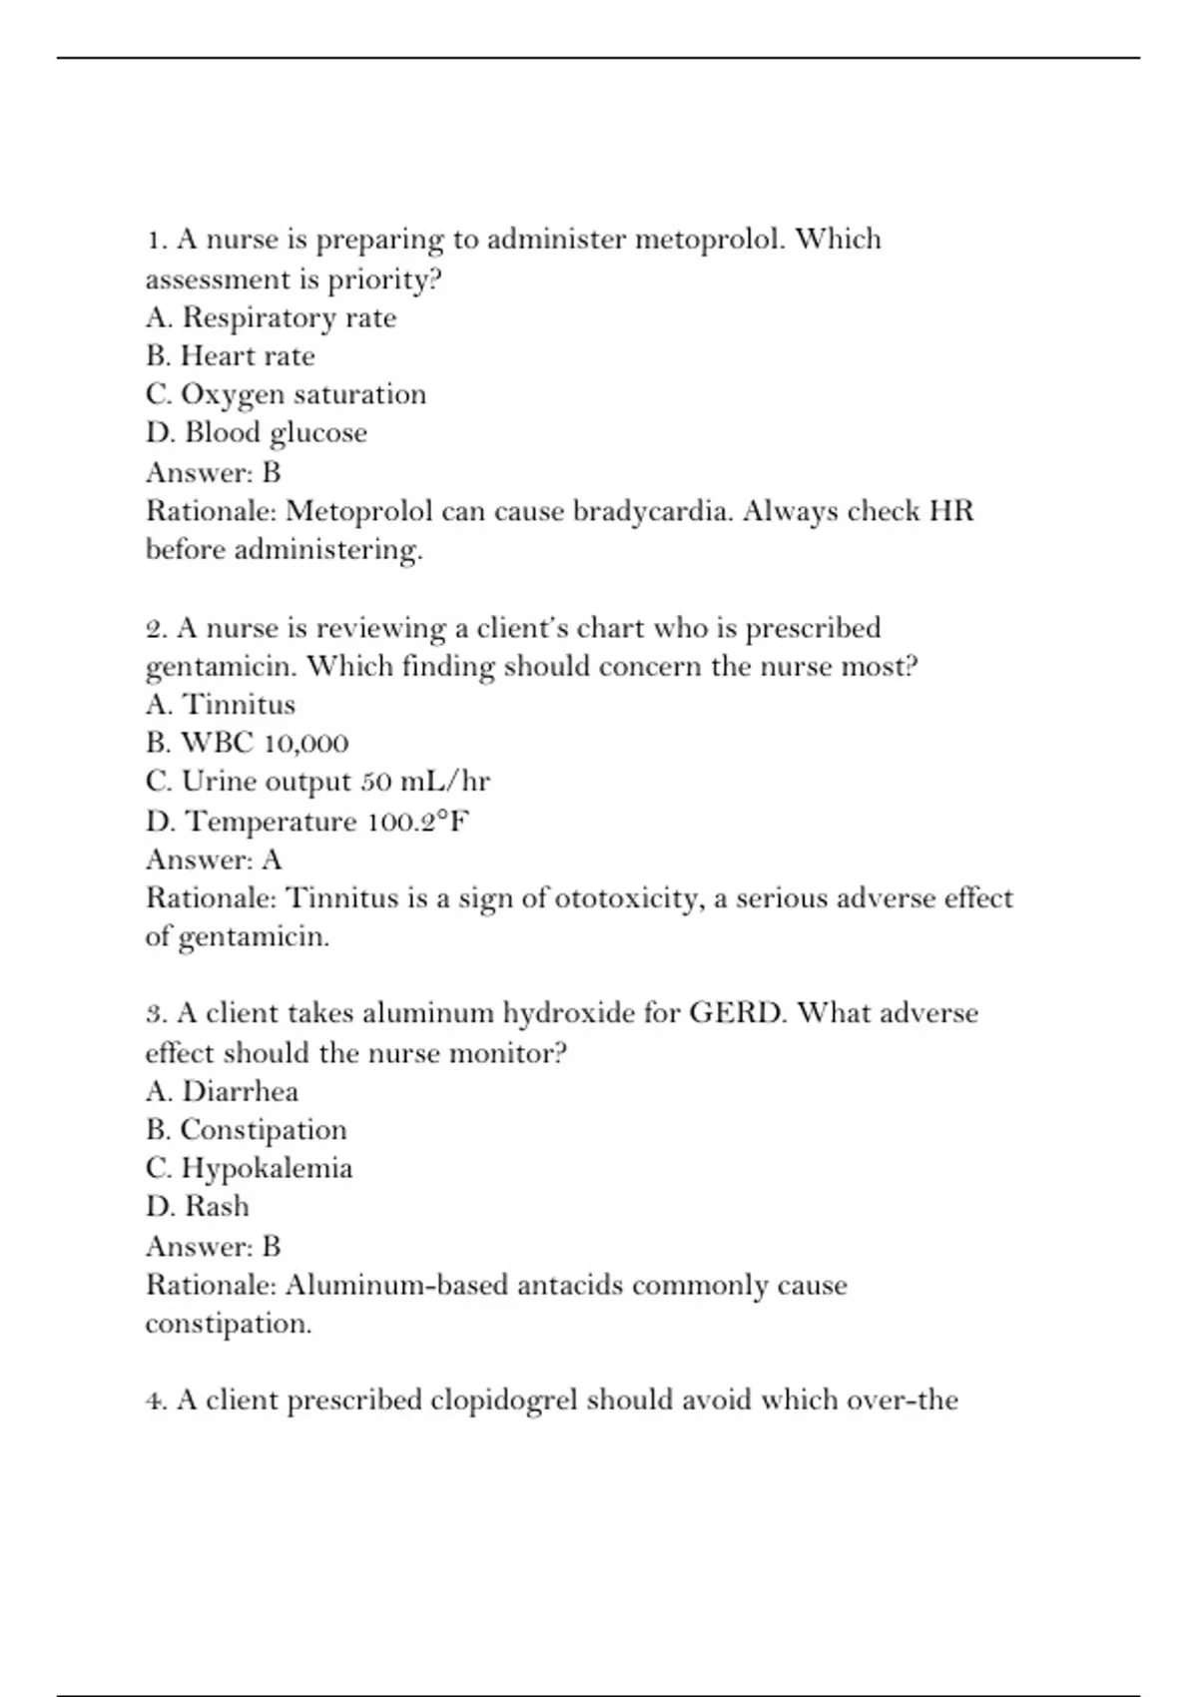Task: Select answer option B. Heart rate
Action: coord(230,356)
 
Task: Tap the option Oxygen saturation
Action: coord(286,394)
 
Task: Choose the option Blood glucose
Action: coord(257,433)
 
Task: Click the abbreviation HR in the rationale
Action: coord(950,511)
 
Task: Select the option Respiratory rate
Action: coord(271,317)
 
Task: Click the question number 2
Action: coord(156,629)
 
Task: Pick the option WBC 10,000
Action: coord(247,744)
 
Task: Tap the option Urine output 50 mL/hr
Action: coord(317,782)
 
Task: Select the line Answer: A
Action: coord(214,859)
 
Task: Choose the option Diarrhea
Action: coord(222,1091)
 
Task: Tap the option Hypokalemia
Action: coord(249,1168)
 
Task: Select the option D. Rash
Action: coord(197,1207)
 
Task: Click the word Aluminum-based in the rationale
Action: coord(397,1285)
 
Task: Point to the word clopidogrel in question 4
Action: coord(504,1401)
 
